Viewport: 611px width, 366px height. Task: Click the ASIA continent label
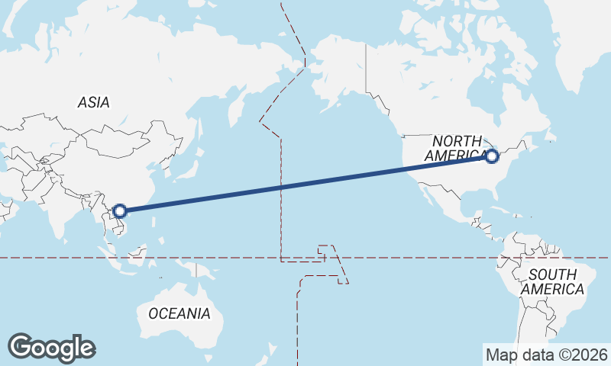(x=93, y=102)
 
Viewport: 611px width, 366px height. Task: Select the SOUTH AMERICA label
(x=552, y=281)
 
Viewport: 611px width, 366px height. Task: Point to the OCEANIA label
(x=179, y=313)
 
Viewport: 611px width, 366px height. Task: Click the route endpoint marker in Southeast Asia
(x=119, y=210)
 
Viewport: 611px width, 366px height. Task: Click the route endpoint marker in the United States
(x=492, y=156)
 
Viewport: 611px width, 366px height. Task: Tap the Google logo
(x=51, y=348)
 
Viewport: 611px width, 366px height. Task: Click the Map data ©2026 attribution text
(x=546, y=355)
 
